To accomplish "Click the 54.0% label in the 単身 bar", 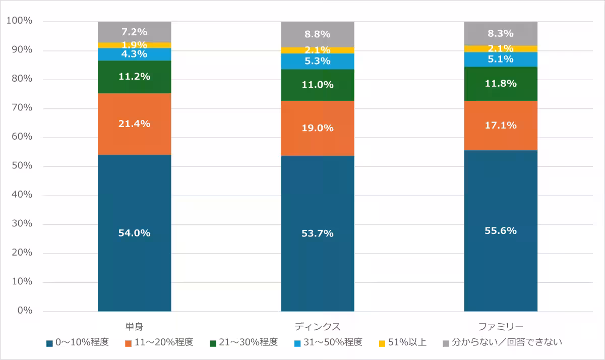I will point(134,233).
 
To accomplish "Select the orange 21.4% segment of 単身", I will point(134,124).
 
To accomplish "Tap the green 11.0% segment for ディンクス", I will point(318,85).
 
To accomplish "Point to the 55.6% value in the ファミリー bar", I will point(501,231).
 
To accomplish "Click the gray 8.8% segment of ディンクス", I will point(318,34).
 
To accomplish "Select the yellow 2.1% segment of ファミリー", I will point(501,49).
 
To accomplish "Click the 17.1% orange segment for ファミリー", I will point(501,126).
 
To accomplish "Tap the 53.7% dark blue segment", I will point(318,233).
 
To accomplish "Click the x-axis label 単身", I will point(134,325).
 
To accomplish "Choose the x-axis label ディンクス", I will point(318,325).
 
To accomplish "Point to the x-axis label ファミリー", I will point(501,325).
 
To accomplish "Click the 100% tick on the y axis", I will point(19,21).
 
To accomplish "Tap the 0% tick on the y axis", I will point(24,311).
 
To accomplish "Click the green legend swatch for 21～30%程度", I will point(213,343).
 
